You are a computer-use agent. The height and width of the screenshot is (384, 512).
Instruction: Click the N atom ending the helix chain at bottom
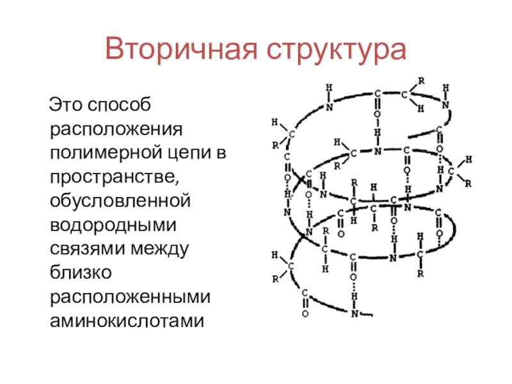pos(355,314)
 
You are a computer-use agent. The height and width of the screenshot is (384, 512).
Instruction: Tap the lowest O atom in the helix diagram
pos(305,314)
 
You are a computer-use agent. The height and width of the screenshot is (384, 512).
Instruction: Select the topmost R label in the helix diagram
pos(420,81)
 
